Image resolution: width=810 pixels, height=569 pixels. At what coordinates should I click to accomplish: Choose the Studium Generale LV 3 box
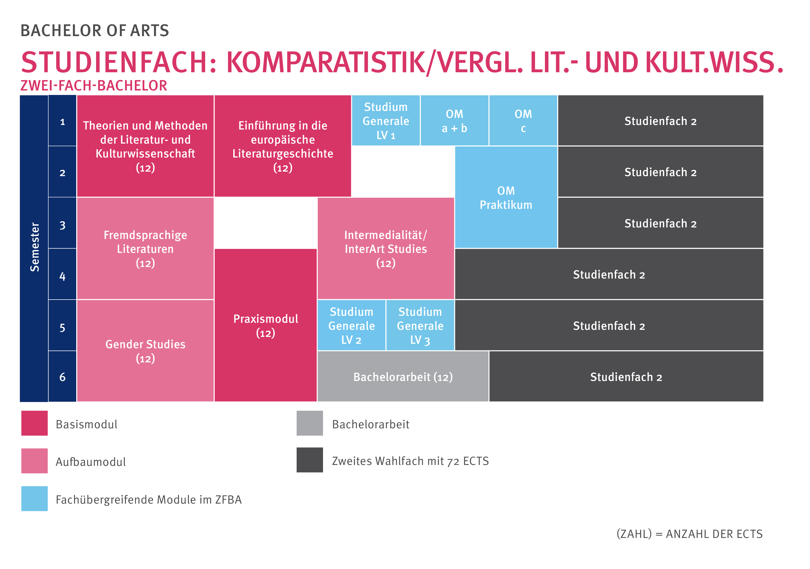coord(420,325)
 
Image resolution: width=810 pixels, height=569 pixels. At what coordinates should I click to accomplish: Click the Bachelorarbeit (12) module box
coord(403,376)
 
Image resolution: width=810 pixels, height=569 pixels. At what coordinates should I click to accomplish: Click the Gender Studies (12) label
coord(145,351)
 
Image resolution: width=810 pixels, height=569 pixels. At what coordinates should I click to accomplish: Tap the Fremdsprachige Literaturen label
coord(145,249)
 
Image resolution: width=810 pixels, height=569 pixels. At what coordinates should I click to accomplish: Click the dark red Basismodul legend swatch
coord(34,423)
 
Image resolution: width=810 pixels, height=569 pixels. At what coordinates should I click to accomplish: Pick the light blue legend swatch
coord(34,498)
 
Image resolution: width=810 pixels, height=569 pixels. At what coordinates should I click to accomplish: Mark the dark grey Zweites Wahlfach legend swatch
coord(309,460)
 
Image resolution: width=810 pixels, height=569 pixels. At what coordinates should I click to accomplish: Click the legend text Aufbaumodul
coord(91,462)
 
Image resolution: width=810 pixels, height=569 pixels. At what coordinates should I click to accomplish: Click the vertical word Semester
coord(34,247)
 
